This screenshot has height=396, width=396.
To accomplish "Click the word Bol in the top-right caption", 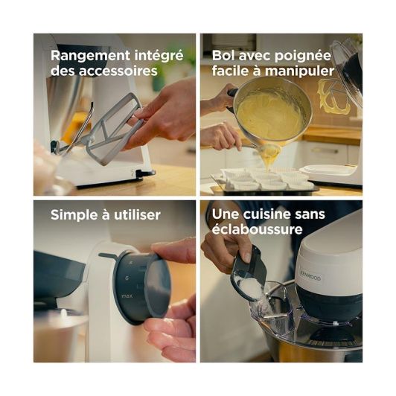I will pyautogui.click(x=226, y=55).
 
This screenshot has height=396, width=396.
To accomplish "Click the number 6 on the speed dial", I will pyautogui.click(x=129, y=276).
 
